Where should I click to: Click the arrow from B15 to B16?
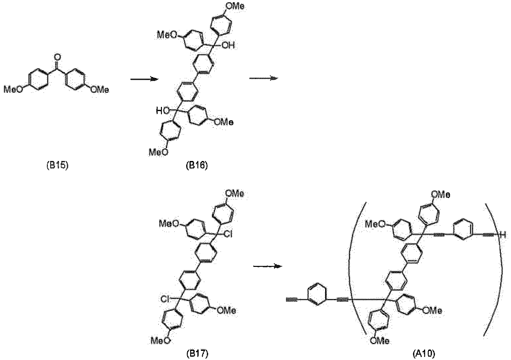(x=144, y=79)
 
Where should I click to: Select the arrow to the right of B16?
(x=264, y=78)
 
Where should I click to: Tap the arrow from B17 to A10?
(x=268, y=266)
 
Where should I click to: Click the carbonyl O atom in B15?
(x=58, y=57)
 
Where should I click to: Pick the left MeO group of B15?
(x=13, y=90)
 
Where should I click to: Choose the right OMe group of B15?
(x=100, y=90)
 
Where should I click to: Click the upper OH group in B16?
(x=228, y=45)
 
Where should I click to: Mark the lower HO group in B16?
(x=163, y=111)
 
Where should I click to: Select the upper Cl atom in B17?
(x=228, y=234)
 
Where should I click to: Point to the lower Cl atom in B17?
(x=165, y=299)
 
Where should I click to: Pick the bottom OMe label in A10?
(x=379, y=340)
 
